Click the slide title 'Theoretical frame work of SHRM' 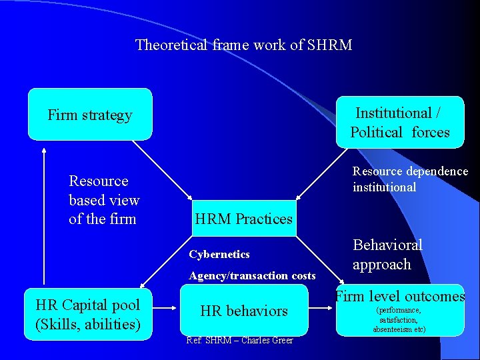tap(243, 45)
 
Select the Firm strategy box tap(90, 115)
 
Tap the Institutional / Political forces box tap(400, 123)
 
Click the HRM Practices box tap(243, 219)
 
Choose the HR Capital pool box tap(87, 315)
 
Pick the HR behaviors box tap(244, 311)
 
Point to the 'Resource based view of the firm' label tap(104, 200)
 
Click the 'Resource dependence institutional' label tap(410, 179)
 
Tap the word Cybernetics tap(219, 254)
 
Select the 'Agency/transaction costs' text tap(252, 275)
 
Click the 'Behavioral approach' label tap(387, 255)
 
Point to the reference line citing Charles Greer tap(239, 341)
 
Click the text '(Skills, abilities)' tap(87, 325)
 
